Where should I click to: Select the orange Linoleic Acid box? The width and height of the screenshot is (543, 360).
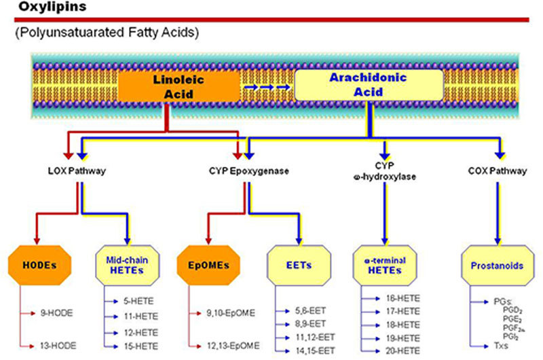click(179, 86)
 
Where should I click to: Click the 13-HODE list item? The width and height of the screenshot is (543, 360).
click(56, 346)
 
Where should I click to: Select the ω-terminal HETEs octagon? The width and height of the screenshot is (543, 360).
click(386, 266)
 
